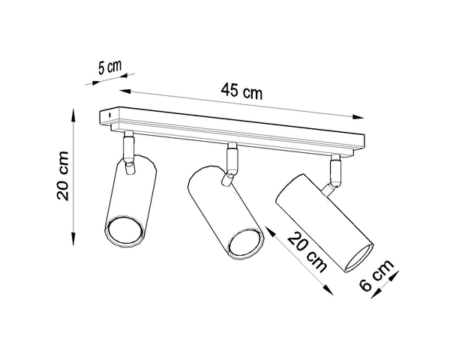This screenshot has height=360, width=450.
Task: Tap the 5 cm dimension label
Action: pyautogui.click(x=109, y=66)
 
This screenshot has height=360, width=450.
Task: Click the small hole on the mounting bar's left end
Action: pyautogui.click(x=109, y=115)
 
